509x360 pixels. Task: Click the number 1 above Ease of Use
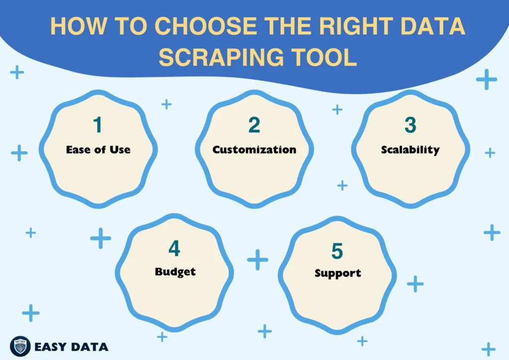click(98, 125)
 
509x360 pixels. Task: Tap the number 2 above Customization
click(254, 125)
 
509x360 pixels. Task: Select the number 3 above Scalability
click(410, 125)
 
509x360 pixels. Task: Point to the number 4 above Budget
click(174, 249)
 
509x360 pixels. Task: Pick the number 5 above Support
click(337, 251)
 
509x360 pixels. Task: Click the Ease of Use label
click(98, 150)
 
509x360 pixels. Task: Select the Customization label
click(254, 150)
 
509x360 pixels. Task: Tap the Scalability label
click(410, 150)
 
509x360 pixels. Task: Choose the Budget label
click(175, 272)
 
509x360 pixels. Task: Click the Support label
click(338, 273)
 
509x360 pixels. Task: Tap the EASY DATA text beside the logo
click(71, 347)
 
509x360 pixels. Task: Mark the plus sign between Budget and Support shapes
click(257, 259)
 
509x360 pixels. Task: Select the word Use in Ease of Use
click(119, 150)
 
